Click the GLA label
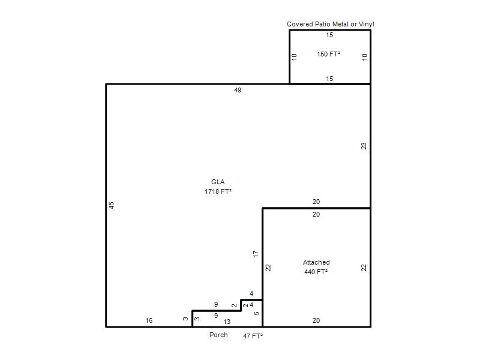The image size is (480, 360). pos(218,182)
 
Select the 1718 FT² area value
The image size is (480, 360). pos(218,191)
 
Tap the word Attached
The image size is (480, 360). pos(316,262)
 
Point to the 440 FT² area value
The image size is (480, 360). pos(316,272)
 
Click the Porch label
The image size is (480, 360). pos(218,335)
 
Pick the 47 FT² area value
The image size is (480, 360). pos(253,336)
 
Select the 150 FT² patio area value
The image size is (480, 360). pos(328,54)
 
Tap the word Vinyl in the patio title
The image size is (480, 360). pos(366,24)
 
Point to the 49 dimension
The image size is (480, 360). pos(238,90)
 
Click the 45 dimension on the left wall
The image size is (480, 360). pos(112,205)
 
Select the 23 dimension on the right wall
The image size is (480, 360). pos(364,146)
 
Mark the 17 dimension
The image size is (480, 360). pos(256,254)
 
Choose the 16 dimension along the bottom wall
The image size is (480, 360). pos(149,320)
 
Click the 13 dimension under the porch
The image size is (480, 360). pos(227,322)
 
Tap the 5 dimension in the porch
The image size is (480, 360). pos(257,313)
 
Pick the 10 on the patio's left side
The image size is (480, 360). pos(294,57)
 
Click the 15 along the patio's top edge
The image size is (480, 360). pos(329,35)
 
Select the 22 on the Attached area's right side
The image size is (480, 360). pos(364,268)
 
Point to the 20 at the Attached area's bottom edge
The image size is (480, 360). pos(316,320)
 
